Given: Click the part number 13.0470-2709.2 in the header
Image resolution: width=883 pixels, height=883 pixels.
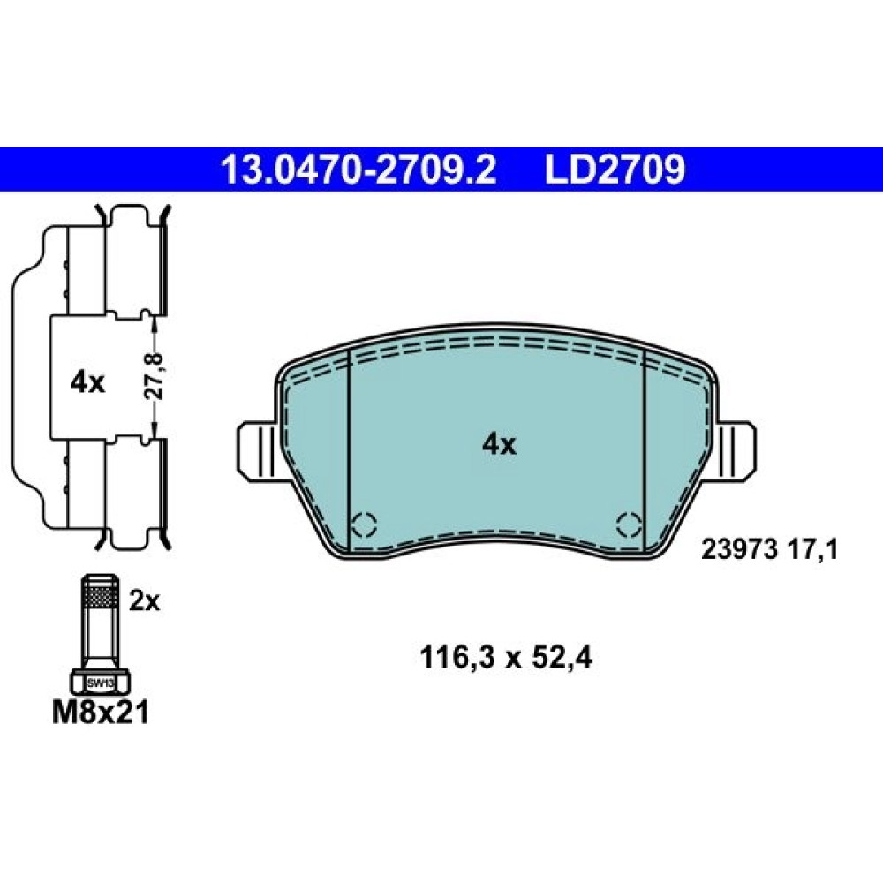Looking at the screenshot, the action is tap(359, 170).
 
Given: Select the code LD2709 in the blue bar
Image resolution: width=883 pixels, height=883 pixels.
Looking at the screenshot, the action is tap(615, 170).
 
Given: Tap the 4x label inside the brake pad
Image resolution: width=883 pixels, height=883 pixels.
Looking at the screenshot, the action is tap(499, 445).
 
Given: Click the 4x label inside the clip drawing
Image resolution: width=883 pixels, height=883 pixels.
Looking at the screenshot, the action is tap(87, 383).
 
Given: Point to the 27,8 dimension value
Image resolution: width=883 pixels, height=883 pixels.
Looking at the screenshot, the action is tap(154, 376).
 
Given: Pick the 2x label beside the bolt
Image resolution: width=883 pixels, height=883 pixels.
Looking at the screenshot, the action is tap(145, 601).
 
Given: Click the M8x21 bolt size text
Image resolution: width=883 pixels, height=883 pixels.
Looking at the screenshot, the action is tap(101, 713).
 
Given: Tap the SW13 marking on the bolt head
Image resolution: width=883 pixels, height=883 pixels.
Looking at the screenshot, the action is tap(101, 683).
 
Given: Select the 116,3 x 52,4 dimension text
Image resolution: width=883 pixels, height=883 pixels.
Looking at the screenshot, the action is tap(506, 658).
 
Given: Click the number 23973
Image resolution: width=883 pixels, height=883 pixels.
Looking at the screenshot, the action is tap(739, 549).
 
